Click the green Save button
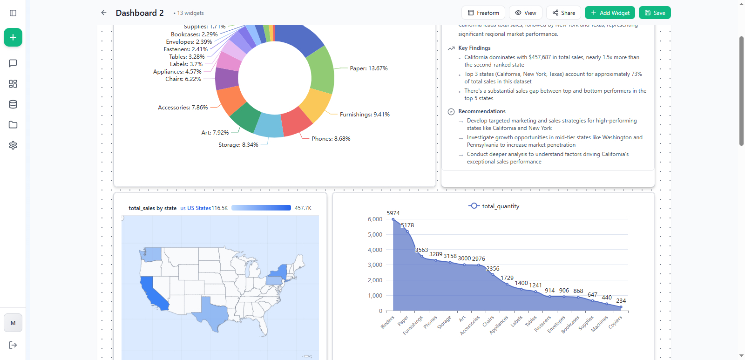654,13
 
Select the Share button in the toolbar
563,13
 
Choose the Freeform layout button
483,13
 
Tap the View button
525,13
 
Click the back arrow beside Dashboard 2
104,13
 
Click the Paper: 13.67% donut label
368,68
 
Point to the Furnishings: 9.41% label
365,115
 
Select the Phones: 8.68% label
331,139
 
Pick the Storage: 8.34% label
238,145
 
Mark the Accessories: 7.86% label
183,108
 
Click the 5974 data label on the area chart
393,213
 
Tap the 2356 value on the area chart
493,269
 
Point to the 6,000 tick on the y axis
375,219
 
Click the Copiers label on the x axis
615,322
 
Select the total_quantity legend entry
494,206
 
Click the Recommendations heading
481,111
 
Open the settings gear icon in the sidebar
13,145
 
